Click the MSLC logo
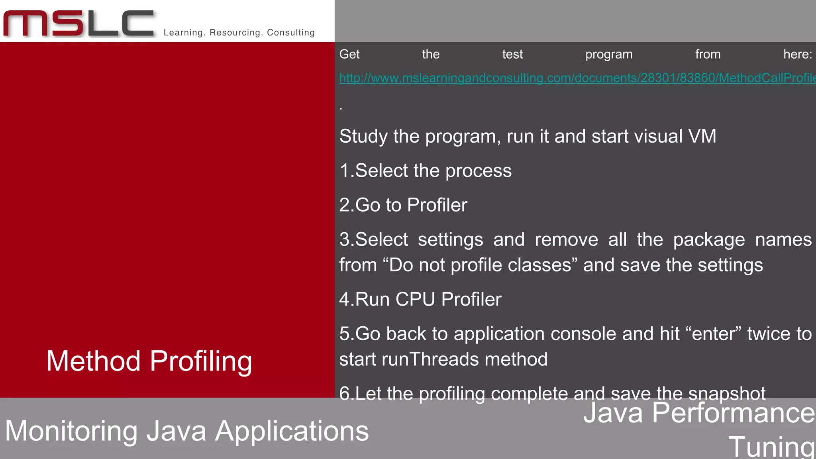coord(78,24)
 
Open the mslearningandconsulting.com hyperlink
coord(577,78)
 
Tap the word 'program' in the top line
coord(609,55)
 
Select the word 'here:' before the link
coord(797,54)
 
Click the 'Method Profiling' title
coord(149,361)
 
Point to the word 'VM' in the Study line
coord(702,136)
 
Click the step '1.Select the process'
coord(425,171)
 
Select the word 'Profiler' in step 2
coord(437,205)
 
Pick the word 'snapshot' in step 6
coord(726,394)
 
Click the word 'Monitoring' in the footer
coord(71,431)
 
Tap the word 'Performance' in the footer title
coord(734,413)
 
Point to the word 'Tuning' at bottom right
coord(772,447)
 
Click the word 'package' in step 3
coord(709,240)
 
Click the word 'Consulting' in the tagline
coord(290,33)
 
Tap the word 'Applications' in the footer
coord(292,431)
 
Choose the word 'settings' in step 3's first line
coord(450,240)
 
